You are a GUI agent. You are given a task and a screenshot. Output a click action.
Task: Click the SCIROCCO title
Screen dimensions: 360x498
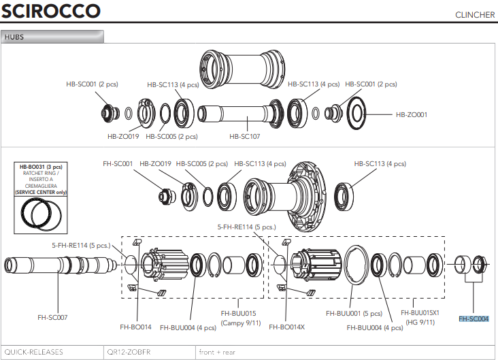51,12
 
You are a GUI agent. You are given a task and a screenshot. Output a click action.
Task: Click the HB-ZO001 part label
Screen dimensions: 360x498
412,115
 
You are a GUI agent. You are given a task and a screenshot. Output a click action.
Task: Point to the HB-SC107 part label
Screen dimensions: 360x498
245,135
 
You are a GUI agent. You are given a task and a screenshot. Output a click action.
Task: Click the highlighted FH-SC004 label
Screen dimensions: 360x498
474,318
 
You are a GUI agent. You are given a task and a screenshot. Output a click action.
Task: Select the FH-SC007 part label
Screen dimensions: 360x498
52,317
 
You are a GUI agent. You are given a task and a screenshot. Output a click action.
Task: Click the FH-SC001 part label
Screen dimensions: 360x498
118,163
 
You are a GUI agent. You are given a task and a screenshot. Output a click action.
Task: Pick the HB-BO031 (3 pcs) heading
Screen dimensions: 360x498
40,167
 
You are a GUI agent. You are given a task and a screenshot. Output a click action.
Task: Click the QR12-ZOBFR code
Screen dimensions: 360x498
128,352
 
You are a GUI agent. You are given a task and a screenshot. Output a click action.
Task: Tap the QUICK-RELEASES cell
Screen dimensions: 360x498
33,352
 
